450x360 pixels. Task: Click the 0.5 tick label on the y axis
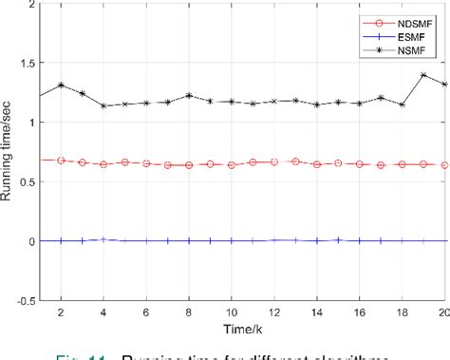(23, 182)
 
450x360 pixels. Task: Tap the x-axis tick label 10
(232, 313)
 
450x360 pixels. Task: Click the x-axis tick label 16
(359, 313)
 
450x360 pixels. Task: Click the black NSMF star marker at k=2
(62, 85)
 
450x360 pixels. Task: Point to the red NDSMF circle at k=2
(62, 161)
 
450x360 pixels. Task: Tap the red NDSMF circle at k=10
(232, 165)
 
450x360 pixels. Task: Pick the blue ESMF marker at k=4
(104, 240)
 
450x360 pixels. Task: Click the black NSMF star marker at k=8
(189, 95)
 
